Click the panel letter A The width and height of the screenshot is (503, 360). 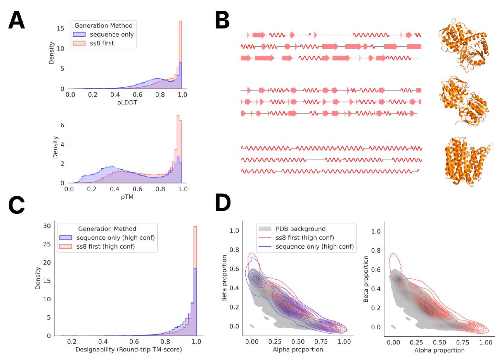click(16, 20)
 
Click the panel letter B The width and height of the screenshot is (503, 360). click(222, 20)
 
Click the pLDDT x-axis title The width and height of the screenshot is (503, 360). click(127, 103)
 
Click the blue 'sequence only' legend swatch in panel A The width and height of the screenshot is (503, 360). click(79, 34)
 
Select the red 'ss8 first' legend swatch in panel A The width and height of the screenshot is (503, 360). click(79, 43)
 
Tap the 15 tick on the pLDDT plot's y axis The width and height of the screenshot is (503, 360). click(60, 29)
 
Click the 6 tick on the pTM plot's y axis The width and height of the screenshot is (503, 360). click(62, 125)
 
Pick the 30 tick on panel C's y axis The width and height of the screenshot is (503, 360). click(47, 226)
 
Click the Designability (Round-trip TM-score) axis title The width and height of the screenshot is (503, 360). click(128, 350)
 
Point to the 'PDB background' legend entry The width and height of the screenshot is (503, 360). click(300, 229)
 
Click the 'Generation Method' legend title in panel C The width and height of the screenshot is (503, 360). click(107, 229)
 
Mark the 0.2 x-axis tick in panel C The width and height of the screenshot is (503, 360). click(71, 342)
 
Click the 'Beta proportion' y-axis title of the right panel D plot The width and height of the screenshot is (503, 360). click(366, 279)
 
